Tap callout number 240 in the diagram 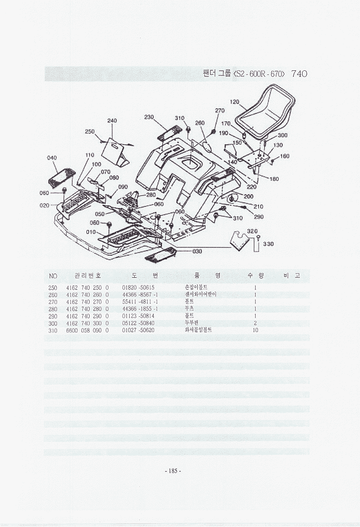point(112,120)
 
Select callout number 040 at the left point(52,158)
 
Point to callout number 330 point(268,244)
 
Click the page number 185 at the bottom point(173,470)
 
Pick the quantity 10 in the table point(255,330)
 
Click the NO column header point(53,276)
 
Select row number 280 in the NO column point(52,309)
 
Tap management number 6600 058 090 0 point(87,330)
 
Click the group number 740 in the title point(299,74)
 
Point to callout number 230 point(149,117)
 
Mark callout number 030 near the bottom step point(197,251)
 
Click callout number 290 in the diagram point(258,217)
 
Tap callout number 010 point(91,232)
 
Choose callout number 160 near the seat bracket point(285,156)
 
